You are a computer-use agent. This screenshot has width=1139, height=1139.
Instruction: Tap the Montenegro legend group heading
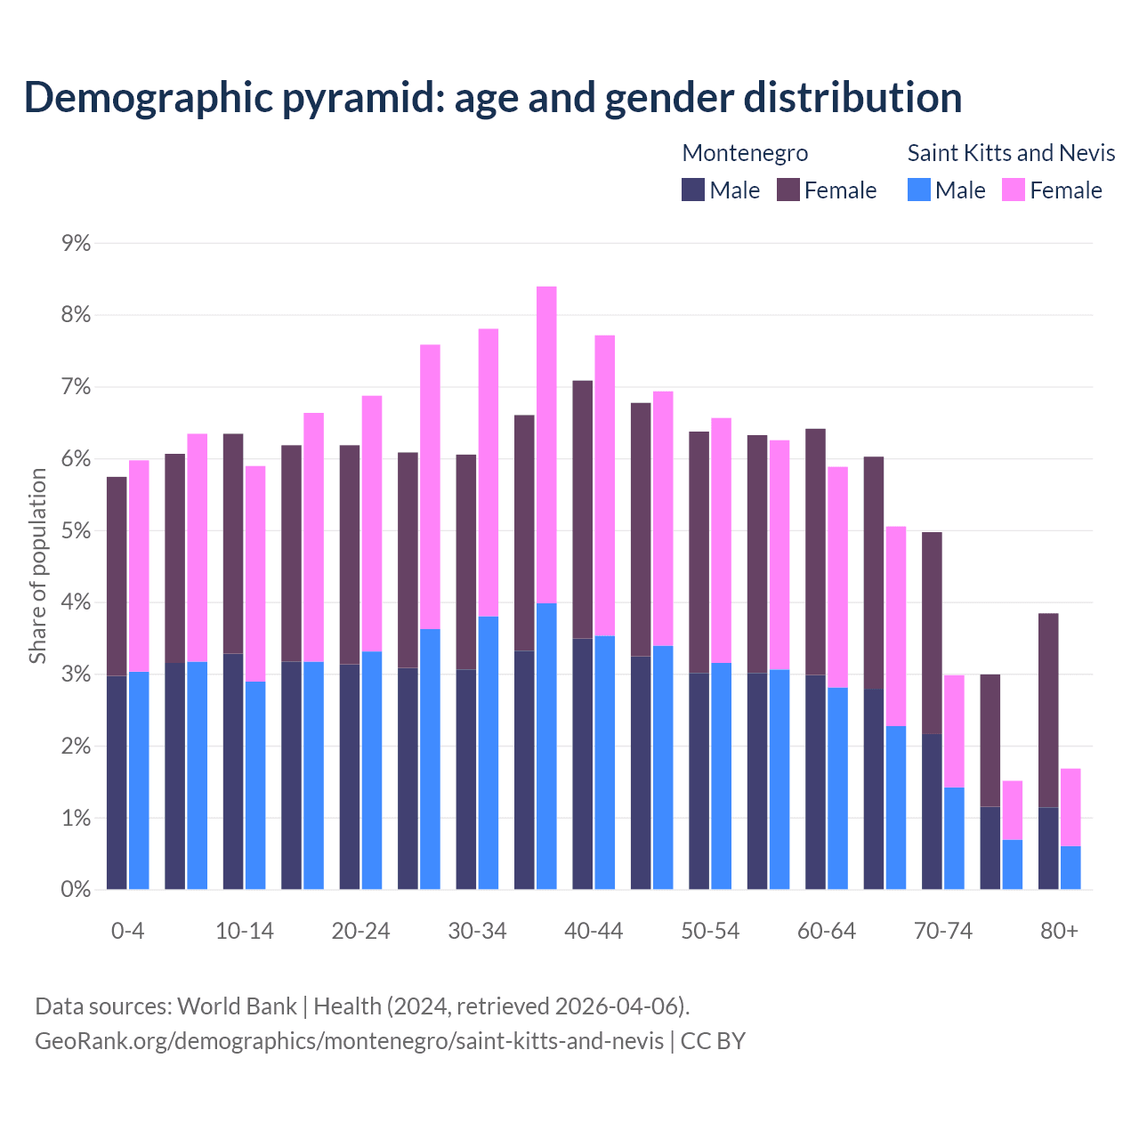[x=745, y=153]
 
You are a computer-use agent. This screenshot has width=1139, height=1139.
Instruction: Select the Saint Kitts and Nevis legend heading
[x=1011, y=153]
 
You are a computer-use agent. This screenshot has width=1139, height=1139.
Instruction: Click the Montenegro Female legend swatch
[x=788, y=190]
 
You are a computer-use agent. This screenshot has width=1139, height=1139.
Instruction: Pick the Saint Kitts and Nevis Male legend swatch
[x=919, y=190]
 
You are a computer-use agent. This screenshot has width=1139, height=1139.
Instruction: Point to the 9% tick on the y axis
[x=77, y=243]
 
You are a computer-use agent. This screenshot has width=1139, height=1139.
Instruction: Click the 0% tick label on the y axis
[x=77, y=889]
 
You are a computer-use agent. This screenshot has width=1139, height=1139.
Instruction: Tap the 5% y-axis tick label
[x=77, y=530]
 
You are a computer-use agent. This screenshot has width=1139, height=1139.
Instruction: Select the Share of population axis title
[x=37, y=566]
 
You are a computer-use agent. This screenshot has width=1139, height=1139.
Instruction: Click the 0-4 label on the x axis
[x=127, y=931]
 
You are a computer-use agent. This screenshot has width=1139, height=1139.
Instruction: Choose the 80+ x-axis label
[x=1059, y=931]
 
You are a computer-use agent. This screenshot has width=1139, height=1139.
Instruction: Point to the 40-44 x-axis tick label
[x=594, y=931]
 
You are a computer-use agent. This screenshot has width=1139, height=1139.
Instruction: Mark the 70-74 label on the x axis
[x=943, y=931]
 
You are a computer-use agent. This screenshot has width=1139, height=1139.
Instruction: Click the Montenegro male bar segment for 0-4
[x=117, y=783]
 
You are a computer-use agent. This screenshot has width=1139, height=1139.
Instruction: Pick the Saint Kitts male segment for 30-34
[x=489, y=753]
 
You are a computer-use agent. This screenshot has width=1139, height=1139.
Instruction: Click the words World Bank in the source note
[x=237, y=1006]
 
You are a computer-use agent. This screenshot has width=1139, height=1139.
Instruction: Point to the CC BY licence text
[x=713, y=1041]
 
